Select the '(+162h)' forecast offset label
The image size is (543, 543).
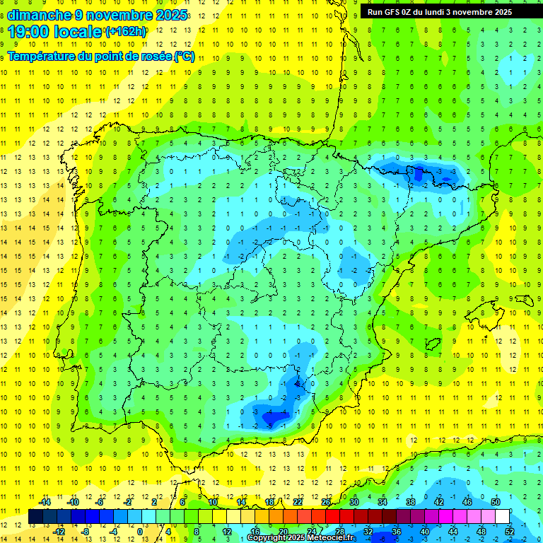coord(126,32)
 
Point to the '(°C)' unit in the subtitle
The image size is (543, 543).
coord(184,57)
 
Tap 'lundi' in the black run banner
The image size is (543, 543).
coord(451,12)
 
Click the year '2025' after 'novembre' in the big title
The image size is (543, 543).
coord(171,15)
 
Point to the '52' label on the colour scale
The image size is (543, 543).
coord(509,532)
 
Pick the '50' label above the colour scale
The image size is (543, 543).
coord(495,502)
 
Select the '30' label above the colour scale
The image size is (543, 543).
coord(354,502)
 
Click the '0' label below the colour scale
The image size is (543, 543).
coord(139,532)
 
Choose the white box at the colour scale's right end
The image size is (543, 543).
coord(502,517)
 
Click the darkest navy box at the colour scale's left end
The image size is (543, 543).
coord(35,517)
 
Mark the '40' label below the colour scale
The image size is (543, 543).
coord(424,532)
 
